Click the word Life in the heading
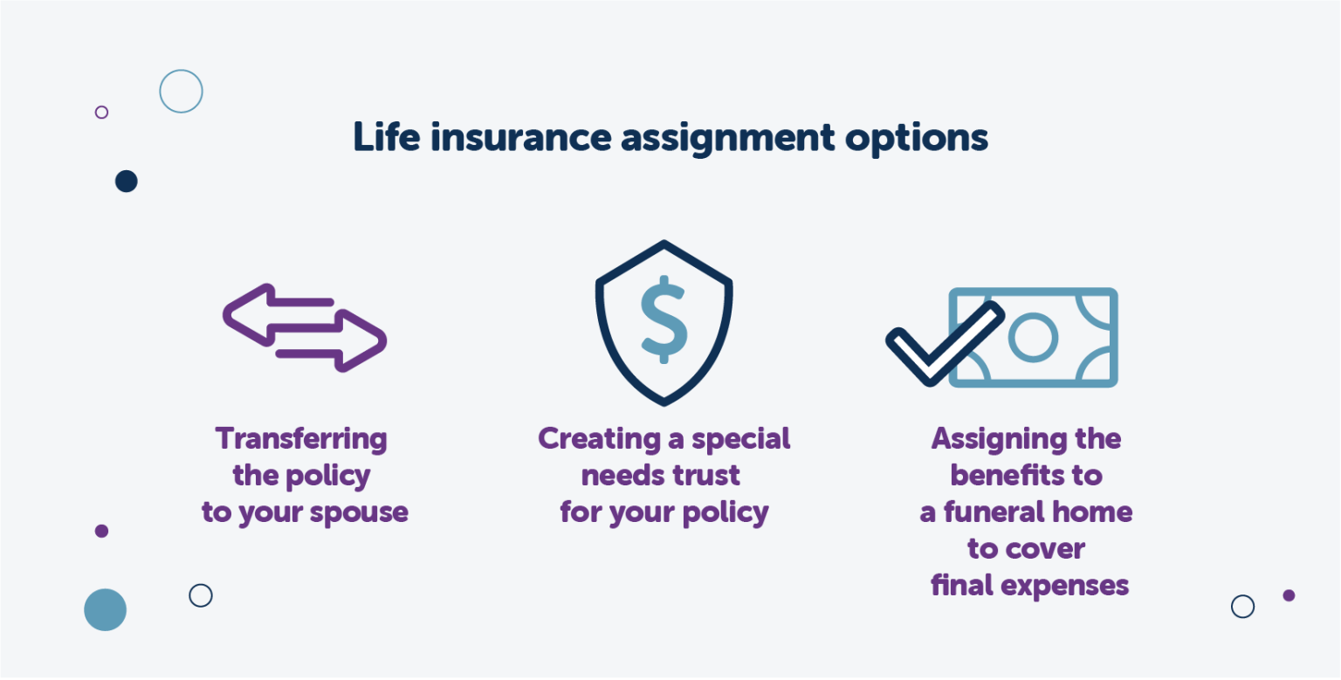tap(385, 138)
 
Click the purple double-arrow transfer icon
tap(305, 327)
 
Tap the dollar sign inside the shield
tap(664, 319)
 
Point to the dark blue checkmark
tap(943, 343)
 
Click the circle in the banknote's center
tap(1033, 337)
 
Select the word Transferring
tap(301, 439)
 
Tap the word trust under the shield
tap(706, 476)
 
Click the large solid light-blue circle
tap(105, 609)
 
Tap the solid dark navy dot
tap(127, 182)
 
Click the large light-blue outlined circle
tap(181, 91)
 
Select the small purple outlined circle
tap(101, 112)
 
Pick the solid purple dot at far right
tap(1289, 595)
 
